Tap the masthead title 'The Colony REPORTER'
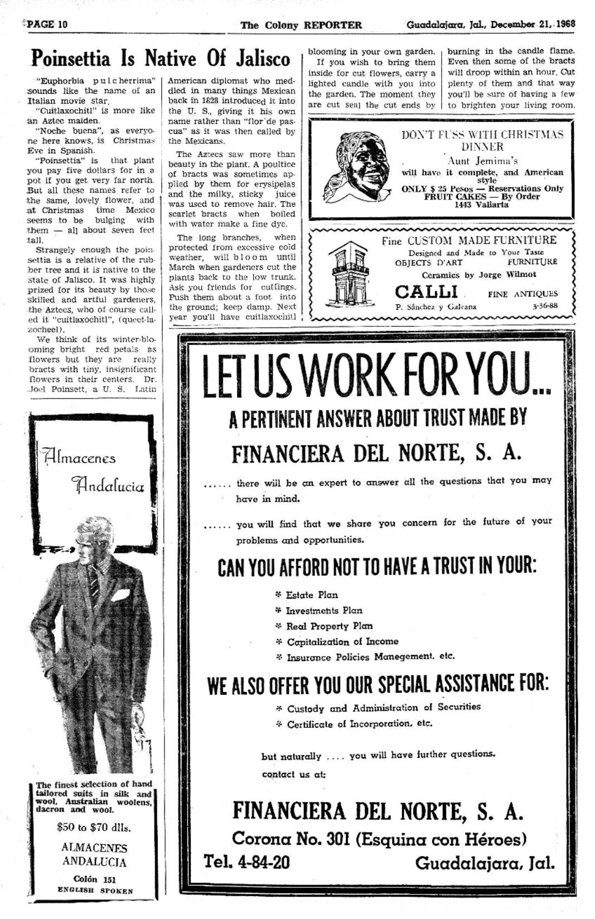(301, 25)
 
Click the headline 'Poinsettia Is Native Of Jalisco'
(161, 58)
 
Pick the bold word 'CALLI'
(427, 291)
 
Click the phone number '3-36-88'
(545, 306)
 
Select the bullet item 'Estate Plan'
(312, 595)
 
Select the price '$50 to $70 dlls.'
(94, 828)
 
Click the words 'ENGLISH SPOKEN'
(95, 891)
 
